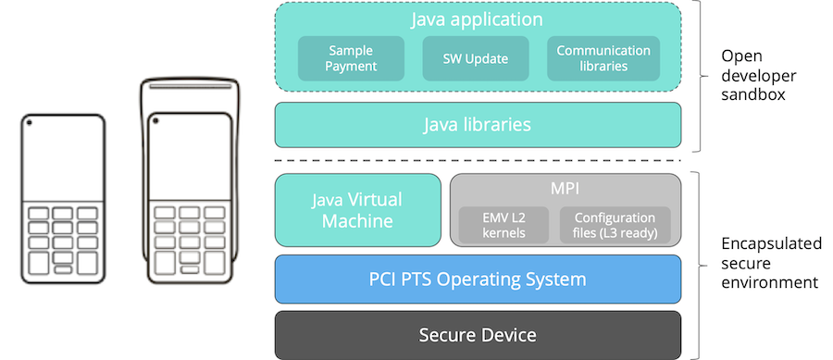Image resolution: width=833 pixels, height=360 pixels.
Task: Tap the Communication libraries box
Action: tap(603, 58)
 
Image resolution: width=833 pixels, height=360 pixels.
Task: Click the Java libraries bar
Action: tap(478, 124)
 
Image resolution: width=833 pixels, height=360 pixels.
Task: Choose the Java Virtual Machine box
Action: tap(357, 210)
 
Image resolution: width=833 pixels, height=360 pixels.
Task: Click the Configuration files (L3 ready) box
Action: tap(615, 225)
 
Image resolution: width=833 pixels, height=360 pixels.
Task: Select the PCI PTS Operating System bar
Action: tap(478, 279)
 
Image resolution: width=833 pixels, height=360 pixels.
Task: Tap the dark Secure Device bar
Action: tap(478, 334)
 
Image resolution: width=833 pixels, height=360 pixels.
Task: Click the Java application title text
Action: tap(478, 19)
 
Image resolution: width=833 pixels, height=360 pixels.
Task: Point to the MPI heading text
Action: tap(565, 187)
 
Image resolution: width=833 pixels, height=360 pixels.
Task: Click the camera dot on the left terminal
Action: tap(31, 123)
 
